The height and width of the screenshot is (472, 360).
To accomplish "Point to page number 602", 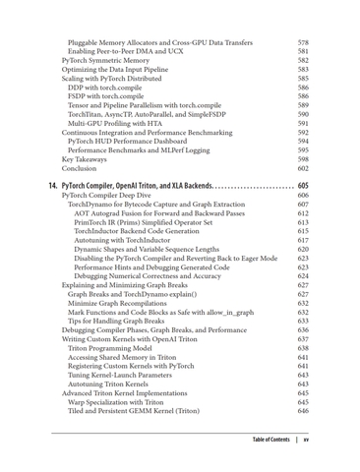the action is (x=303, y=169).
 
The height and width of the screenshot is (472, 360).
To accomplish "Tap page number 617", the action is (x=303, y=240).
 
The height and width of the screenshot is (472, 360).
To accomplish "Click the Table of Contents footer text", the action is (x=270, y=439).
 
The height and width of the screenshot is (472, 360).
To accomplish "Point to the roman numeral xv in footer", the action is (x=307, y=439).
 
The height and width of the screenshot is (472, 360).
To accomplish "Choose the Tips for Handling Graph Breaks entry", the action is (x=124, y=321).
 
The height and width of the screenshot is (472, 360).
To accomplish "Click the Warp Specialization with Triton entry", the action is (x=130, y=401).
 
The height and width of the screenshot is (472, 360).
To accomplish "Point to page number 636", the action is (x=303, y=330).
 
